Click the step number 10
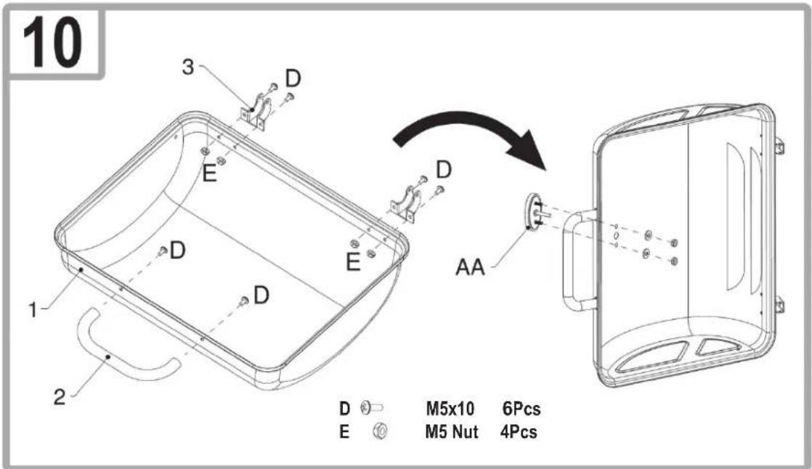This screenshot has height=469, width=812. (52, 42)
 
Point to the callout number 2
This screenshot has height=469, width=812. (60, 397)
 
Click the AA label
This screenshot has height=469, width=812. (470, 267)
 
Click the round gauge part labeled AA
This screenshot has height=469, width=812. (533, 211)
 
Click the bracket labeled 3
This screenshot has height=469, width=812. (256, 113)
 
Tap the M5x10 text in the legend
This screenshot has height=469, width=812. (450, 409)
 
